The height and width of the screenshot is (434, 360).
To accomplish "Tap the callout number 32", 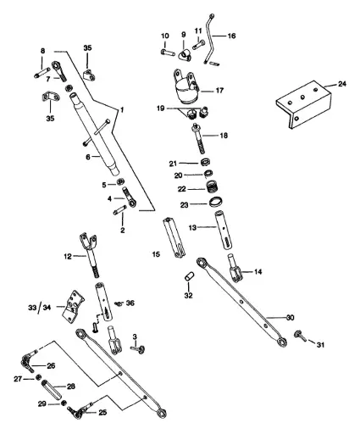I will [188, 295].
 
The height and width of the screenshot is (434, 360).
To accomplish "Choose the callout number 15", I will [154, 253].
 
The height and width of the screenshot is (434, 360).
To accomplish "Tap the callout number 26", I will [51, 366].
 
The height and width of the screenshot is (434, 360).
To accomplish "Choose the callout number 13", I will [194, 229].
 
